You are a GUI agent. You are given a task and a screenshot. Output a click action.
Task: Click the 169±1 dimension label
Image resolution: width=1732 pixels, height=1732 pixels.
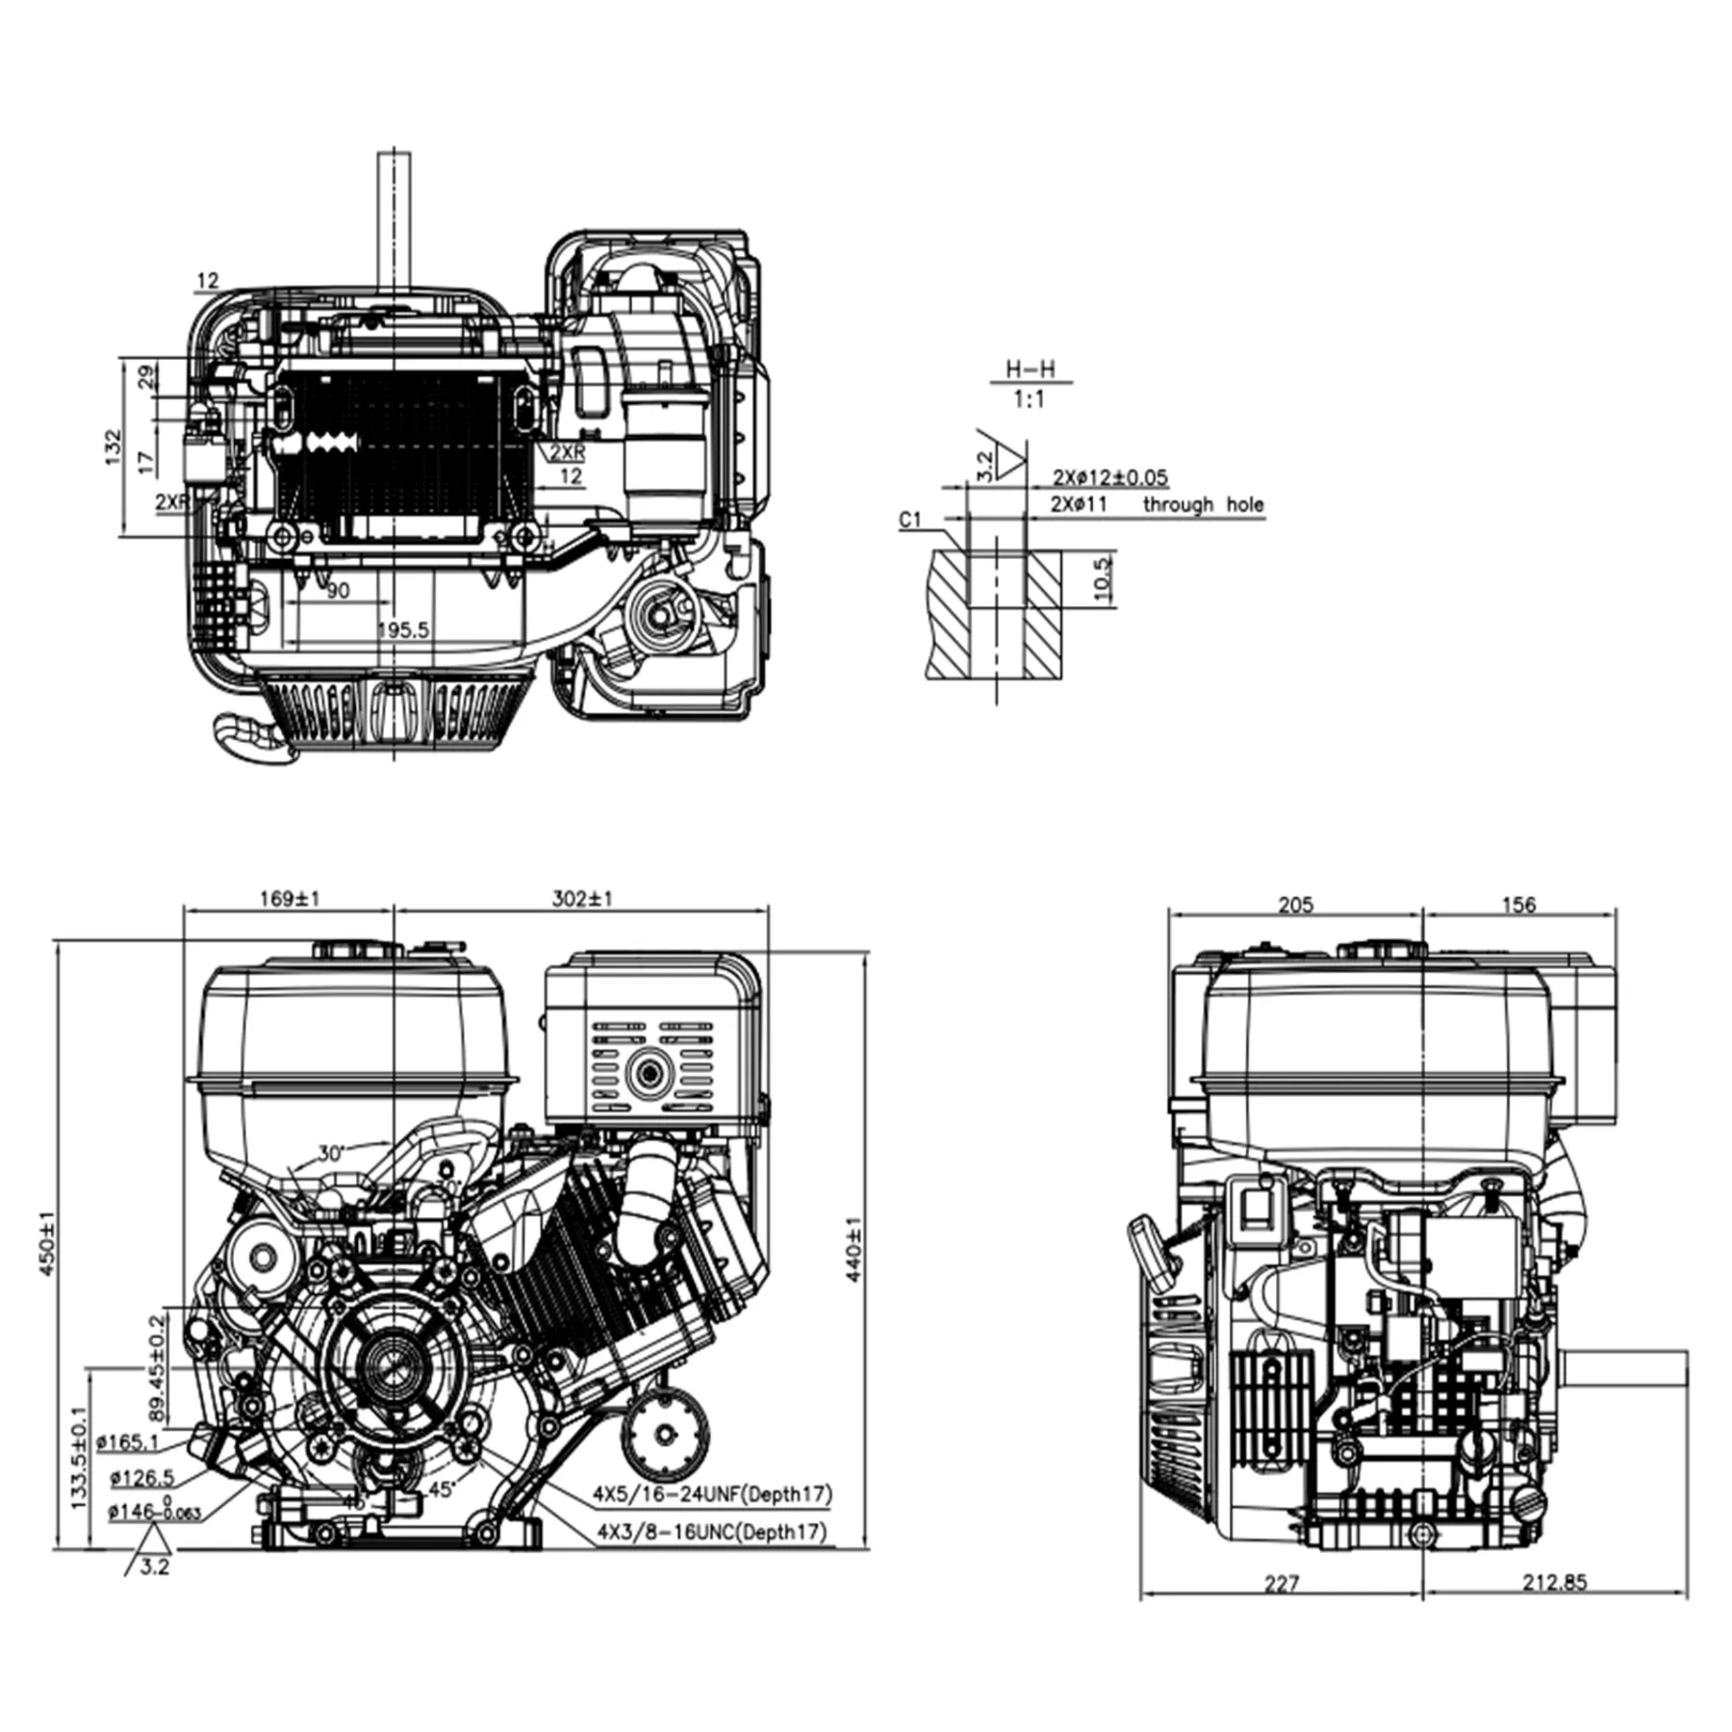coord(289,899)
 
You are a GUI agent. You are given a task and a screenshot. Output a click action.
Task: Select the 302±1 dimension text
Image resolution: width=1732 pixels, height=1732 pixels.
coord(582,899)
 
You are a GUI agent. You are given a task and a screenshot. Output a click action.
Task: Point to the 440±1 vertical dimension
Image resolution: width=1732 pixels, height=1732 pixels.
coord(853,1249)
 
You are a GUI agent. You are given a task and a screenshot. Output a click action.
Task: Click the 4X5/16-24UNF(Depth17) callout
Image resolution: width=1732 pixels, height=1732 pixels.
coord(712,1494)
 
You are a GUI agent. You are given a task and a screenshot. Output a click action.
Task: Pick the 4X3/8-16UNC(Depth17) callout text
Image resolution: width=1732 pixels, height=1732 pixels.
coord(712,1531)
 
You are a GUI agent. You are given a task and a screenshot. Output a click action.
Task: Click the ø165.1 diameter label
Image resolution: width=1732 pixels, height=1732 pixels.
coord(134,1441)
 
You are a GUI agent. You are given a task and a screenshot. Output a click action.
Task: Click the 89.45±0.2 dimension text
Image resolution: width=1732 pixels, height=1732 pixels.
coord(158,1369)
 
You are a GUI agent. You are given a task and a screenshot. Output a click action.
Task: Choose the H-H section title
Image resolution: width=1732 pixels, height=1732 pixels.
coord(1030,369)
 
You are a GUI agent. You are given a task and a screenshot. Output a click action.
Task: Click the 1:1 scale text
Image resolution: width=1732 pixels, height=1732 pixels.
coord(1029,398)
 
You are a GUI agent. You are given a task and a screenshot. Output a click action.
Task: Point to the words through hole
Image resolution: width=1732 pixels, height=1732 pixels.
coord(1203,504)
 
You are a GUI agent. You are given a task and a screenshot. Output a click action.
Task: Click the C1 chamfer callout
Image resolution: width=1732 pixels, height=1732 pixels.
coord(909,520)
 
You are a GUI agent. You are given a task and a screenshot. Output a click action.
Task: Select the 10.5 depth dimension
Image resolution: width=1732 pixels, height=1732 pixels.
coord(1103,577)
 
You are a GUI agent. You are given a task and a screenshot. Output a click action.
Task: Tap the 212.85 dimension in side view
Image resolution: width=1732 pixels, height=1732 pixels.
coord(1554,1582)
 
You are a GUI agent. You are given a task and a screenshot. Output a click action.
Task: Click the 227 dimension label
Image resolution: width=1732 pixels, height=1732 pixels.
coord(1282,1582)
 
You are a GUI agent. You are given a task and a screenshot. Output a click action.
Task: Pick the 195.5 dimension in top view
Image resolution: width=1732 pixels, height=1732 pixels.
coord(403,630)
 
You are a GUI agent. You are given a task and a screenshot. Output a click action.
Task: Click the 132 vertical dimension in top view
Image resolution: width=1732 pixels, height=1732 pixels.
coord(114,447)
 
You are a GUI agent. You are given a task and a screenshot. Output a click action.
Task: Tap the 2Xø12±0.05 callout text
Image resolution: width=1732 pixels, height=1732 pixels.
coord(1110,477)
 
